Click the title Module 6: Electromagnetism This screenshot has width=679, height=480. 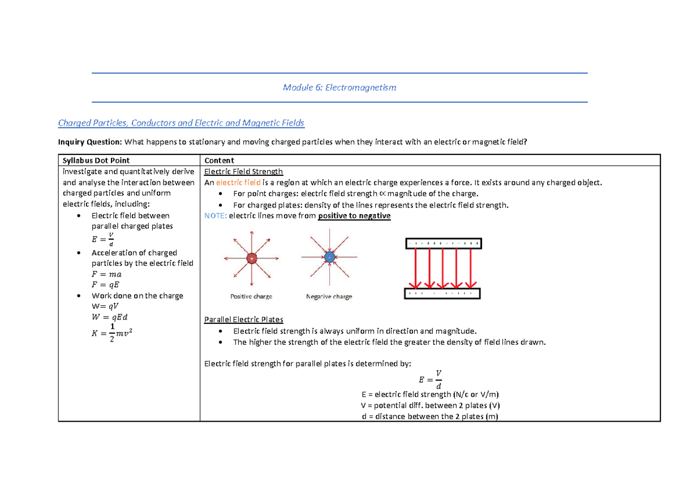[339, 88]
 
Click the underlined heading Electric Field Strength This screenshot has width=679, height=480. [243, 171]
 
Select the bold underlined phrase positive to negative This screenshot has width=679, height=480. [354, 216]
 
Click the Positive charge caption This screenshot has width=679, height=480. [251, 296]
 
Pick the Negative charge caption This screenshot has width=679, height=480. [329, 296]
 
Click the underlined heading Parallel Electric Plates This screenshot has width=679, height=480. [243, 320]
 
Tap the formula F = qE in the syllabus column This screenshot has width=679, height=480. [106, 285]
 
